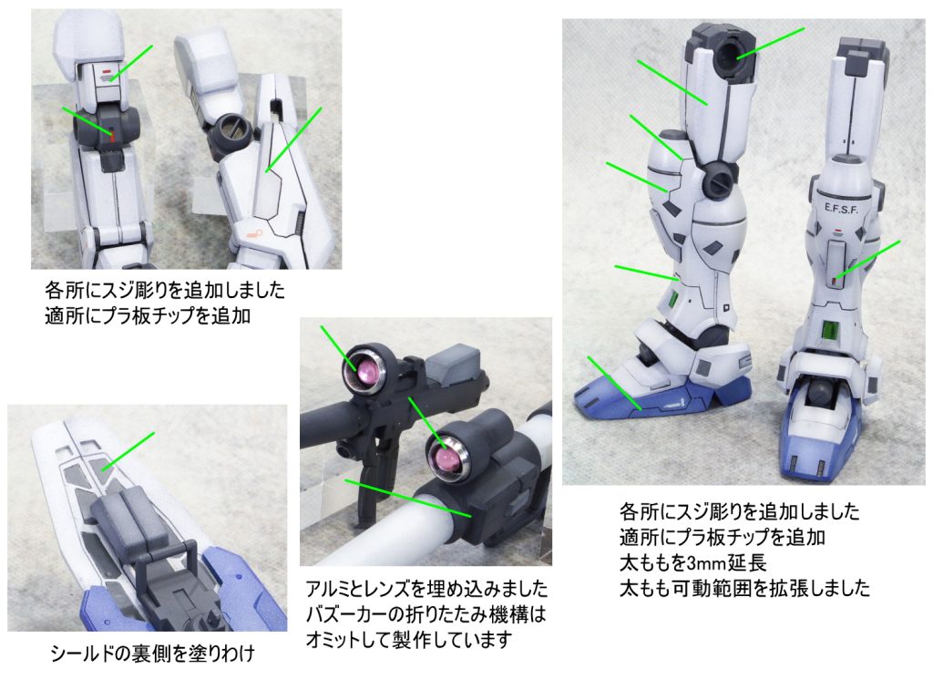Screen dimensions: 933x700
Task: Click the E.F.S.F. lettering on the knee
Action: [x=841, y=209]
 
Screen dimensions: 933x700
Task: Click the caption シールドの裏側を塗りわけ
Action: [x=152, y=653]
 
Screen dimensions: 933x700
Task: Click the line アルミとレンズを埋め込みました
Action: [x=426, y=589]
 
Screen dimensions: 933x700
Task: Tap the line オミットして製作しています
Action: [x=409, y=640]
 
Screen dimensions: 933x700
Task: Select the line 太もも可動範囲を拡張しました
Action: [x=744, y=588]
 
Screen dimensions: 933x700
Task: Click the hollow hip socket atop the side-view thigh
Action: [x=730, y=55]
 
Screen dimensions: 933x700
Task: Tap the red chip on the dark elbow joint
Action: [x=111, y=137]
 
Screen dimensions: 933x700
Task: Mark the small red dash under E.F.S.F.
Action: [x=838, y=231]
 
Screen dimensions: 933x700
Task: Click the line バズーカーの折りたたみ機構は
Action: [x=425, y=614]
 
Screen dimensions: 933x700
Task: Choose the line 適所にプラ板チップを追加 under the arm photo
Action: [x=148, y=315]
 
